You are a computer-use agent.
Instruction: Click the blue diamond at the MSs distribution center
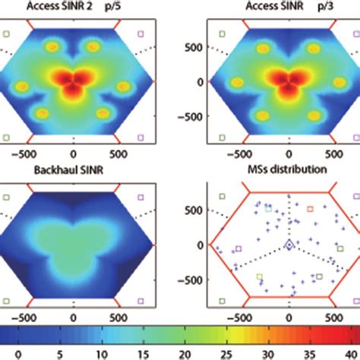[289, 244]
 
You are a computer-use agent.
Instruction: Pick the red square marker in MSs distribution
[310, 207]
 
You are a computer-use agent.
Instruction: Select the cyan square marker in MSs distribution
[267, 208]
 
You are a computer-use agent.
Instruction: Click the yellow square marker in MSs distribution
[261, 277]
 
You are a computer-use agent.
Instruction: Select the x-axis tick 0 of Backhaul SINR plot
[73, 311]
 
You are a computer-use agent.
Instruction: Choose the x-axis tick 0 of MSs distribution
[289, 311]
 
